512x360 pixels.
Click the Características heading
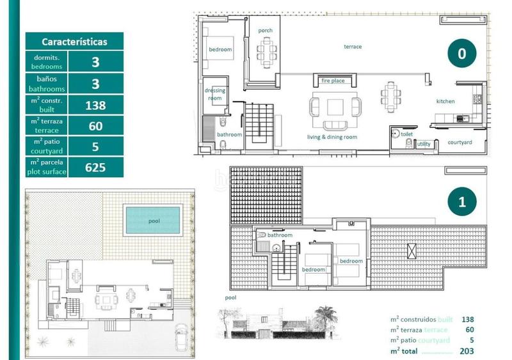(x=74, y=42)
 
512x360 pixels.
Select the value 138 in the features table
(x=95, y=105)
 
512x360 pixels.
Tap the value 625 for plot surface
(x=95, y=168)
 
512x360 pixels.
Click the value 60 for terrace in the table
(x=95, y=126)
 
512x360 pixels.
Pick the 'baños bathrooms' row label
(x=46, y=84)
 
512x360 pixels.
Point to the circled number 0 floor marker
(x=461, y=54)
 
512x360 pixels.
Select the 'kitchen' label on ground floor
(x=445, y=102)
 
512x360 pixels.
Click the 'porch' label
(x=265, y=31)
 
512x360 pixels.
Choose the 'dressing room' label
(x=215, y=95)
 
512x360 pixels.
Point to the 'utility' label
(x=424, y=144)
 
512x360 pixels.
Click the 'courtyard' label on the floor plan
(x=460, y=142)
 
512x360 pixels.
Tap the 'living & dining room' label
(x=332, y=137)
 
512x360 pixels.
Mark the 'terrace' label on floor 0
(x=353, y=47)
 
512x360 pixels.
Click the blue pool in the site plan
(x=154, y=220)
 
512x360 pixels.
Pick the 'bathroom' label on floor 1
(x=280, y=235)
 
